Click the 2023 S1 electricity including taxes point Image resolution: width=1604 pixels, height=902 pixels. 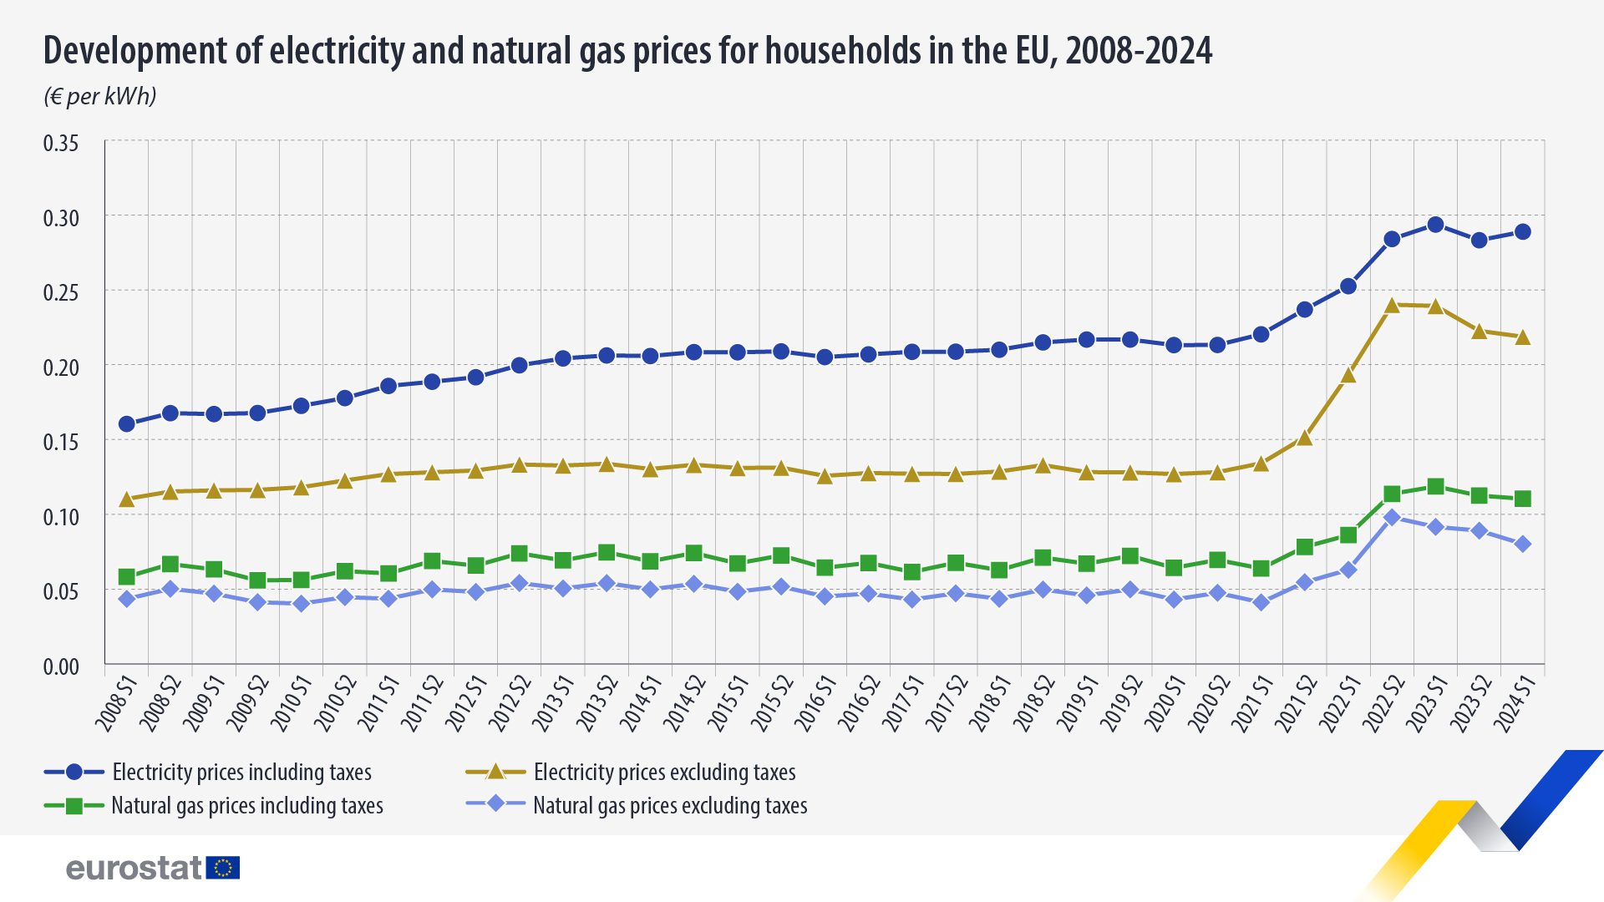click(x=1435, y=225)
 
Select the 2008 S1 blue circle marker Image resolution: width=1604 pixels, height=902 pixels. click(x=127, y=423)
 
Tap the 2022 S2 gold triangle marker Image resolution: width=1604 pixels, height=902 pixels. click(x=1392, y=306)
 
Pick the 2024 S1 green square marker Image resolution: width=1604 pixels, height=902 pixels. click(x=1522, y=499)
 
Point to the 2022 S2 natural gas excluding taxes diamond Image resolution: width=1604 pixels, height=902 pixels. click(x=1392, y=518)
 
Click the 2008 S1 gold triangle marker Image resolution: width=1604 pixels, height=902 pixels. click(x=127, y=499)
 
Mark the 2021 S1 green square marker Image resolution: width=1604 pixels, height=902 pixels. click(x=1261, y=569)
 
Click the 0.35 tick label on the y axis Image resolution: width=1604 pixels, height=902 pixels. click(x=61, y=144)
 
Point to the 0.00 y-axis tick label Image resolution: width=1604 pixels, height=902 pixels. click(x=61, y=666)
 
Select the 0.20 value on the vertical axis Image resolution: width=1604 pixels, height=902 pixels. click(x=61, y=367)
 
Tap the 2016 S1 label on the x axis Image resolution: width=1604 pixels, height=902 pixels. click(x=815, y=704)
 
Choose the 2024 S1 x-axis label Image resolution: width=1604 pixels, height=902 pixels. click(x=1514, y=704)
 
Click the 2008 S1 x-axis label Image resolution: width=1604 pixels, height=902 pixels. click(x=118, y=704)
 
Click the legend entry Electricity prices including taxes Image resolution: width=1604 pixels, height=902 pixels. click(x=241, y=773)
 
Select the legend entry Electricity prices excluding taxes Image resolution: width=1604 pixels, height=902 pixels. click(x=664, y=773)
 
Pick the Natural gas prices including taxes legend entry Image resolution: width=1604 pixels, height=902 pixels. click(x=246, y=806)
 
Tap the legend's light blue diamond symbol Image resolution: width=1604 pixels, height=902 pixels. click(x=495, y=804)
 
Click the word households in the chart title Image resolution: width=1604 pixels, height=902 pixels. click(x=844, y=51)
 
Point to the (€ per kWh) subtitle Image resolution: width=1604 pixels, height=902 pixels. click(x=100, y=97)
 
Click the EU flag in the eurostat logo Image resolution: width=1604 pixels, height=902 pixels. click(x=223, y=868)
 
